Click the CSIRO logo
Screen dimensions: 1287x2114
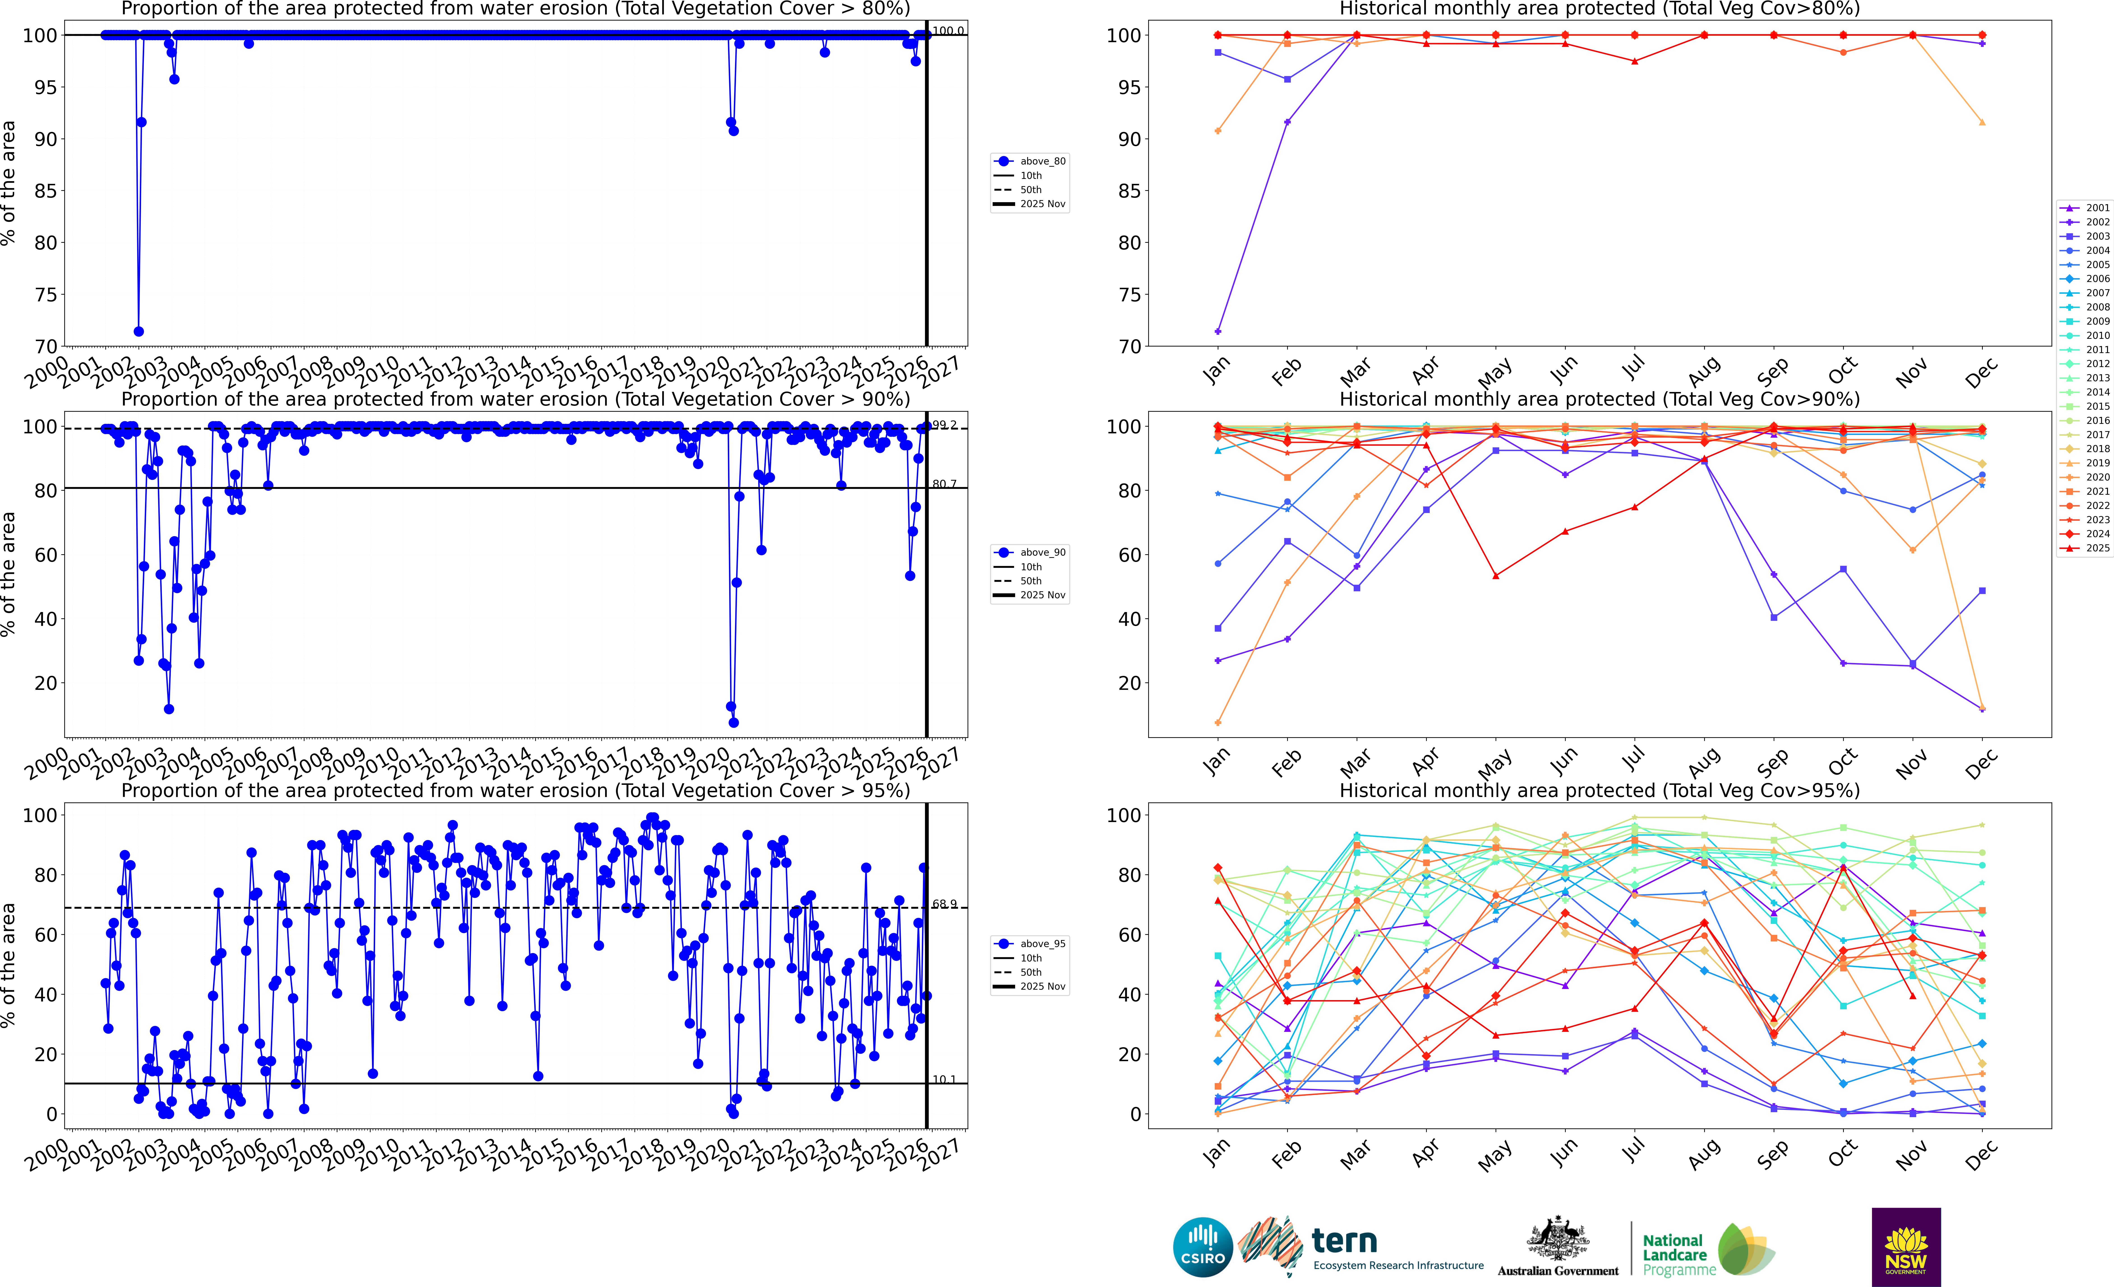[x=1202, y=1247]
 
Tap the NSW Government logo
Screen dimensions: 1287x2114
[x=1906, y=1247]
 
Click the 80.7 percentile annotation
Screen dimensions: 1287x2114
[x=944, y=484]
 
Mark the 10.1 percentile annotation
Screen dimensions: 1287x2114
[x=944, y=1079]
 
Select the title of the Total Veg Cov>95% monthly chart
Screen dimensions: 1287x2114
[x=1599, y=790]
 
